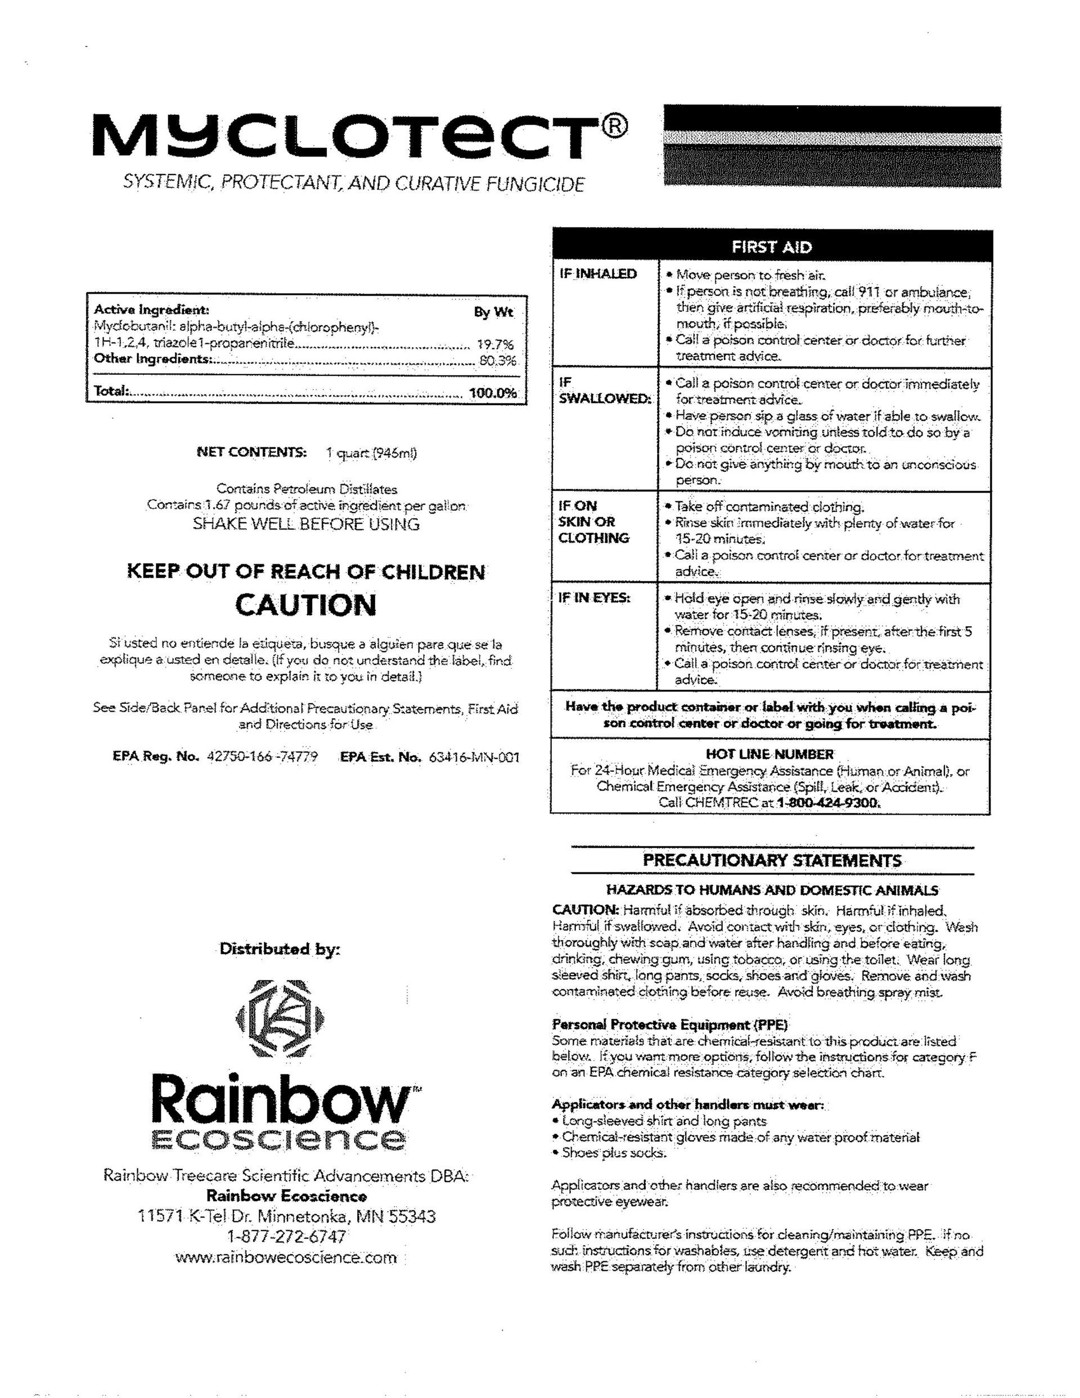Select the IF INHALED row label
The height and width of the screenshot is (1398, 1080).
click(x=598, y=274)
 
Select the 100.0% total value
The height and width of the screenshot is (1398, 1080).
click(x=493, y=393)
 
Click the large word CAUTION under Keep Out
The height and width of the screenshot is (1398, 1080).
click(x=306, y=605)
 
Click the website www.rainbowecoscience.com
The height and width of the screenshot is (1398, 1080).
click(x=286, y=1258)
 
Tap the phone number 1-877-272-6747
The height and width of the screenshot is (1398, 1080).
click(x=286, y=1236)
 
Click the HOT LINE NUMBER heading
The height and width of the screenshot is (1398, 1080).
click(x=769, y=754)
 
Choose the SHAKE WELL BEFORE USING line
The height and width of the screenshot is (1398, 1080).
click(x=306, y=524)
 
